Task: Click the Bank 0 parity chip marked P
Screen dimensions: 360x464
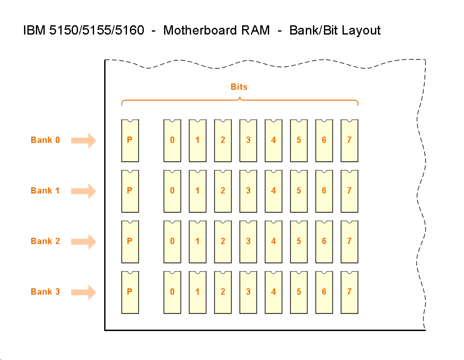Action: coord(130,140)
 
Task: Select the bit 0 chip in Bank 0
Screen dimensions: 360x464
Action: coord(172,140)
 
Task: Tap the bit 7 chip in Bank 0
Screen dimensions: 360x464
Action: coord(349,140)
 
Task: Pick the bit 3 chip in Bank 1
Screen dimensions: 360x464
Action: coord(248,191)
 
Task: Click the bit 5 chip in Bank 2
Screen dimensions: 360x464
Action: coord(299,242)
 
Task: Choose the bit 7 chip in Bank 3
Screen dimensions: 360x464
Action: coord(349,292)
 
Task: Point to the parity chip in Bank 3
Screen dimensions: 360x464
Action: coord(130,292)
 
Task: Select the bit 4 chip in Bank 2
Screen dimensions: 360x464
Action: coord(273,242)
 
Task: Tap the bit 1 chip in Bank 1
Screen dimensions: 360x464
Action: coord(197,191)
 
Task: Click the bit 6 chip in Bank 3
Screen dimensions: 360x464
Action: coord(324,292)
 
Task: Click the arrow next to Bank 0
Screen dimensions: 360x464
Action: coord(84,140)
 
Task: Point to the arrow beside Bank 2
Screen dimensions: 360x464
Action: coord(84,242)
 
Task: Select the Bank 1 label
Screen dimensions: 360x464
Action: coord(45,191)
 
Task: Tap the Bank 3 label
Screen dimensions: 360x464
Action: coord(45,292)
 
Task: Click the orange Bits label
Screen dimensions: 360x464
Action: coord(239,87)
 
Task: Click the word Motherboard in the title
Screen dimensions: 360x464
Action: coord(216,30)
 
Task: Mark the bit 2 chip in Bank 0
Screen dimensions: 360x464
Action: coord(223,140)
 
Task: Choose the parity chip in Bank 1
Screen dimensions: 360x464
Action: coord(130,191)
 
